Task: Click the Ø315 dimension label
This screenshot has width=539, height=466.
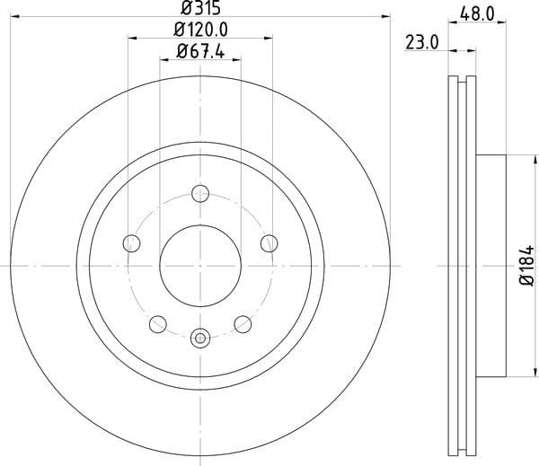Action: click(x=200, y=7)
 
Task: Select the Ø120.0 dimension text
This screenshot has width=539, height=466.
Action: click(x=200, y=30)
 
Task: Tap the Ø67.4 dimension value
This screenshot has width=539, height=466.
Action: click(x=200, y=52)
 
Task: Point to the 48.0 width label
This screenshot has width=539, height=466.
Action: click(x=477, y=14)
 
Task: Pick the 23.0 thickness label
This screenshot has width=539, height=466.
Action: click(x=422, y=43)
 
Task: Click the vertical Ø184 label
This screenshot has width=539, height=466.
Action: click(x=527, y=265)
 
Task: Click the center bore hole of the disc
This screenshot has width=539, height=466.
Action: click(x=200, y=266)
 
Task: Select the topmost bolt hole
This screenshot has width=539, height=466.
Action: click(x=200, y=193)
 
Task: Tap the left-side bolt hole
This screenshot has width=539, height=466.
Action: click(x=132, y=243)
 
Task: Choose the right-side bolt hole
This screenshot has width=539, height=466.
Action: click(x=269, y=243)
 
